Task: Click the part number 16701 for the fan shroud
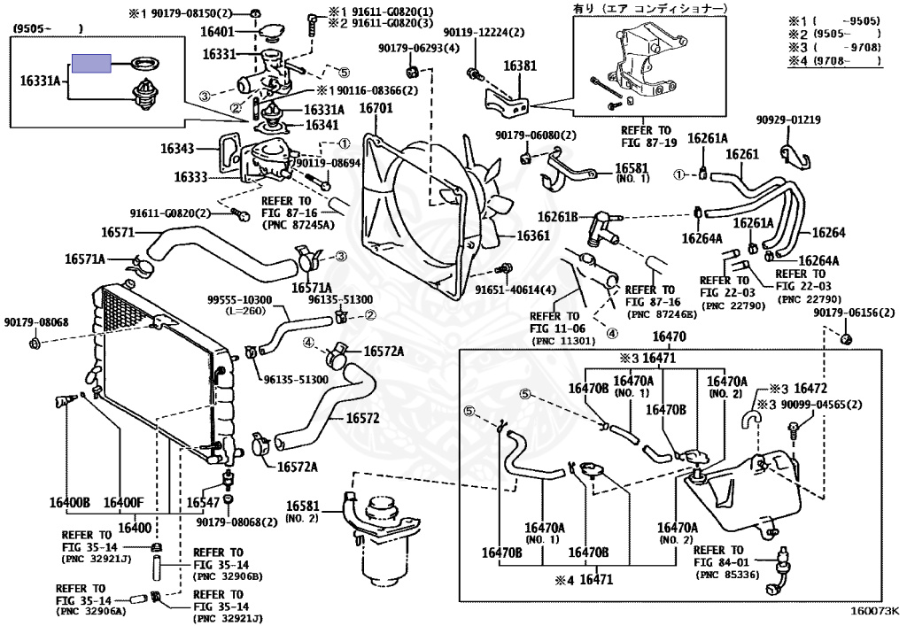(376, 109)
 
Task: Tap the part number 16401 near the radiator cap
(217, 32)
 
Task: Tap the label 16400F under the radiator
(123, 503)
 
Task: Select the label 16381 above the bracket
(521, 66)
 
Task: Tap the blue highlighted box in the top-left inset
(91, 64)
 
